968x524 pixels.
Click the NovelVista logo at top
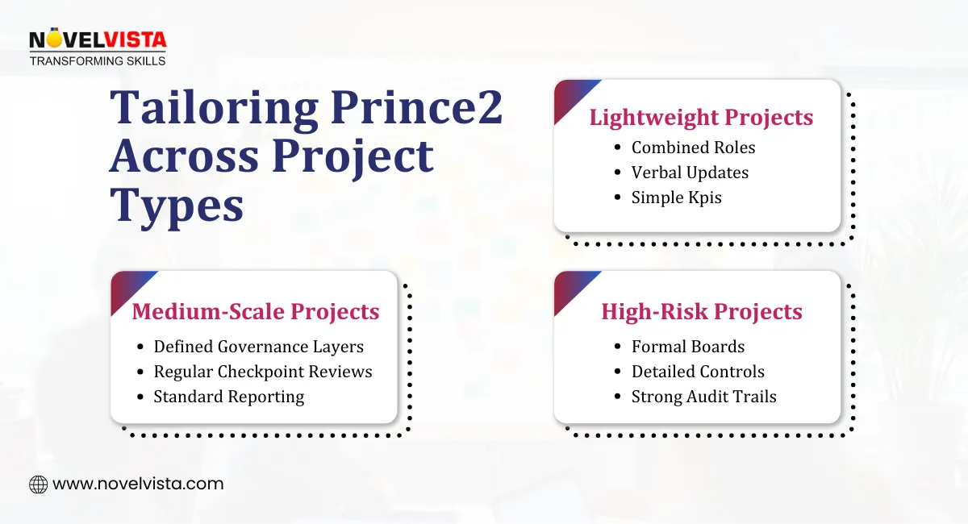click(97, 40)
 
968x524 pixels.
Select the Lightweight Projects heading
click(701, 117)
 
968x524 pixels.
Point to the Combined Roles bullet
click(693, 148)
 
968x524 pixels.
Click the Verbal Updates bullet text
click(690, 173)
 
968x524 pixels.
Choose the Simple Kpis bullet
click(676, 198)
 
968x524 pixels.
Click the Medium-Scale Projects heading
click(255, 311)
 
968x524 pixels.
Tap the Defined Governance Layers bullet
click(258, 347)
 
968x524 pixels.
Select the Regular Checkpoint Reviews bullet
click(263, 372)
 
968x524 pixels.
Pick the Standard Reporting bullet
click(229, 397)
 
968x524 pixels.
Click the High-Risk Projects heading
click(701, 311)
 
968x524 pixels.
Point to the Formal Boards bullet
click(687, 347)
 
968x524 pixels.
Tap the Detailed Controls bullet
click(698, 372)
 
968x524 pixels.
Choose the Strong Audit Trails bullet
click(703, 397)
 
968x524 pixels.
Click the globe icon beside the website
click(38, 484)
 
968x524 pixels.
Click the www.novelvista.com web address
click(138, 484)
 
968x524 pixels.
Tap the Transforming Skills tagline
click(97, 60)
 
